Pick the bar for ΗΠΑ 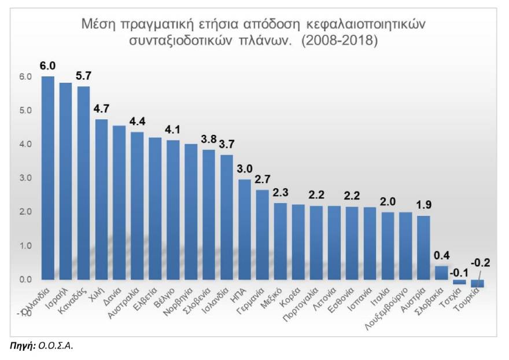click(245, 229)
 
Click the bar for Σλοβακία click(441, 273)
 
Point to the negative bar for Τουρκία click(477, 284)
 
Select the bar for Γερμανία click(263, 234)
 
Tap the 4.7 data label click(102, 108)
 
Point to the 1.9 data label click(424, 205)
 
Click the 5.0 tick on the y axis click(25, 111)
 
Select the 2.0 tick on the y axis click(25, 212)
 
